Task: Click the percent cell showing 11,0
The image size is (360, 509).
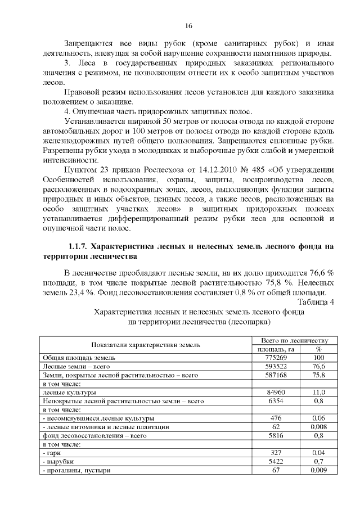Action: [x=318, y=392]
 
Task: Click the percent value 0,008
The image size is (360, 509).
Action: [x=318, y=427]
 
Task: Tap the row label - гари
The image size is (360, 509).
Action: [x=53, y=453]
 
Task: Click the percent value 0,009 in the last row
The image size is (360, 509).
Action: [x=318, y=470]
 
